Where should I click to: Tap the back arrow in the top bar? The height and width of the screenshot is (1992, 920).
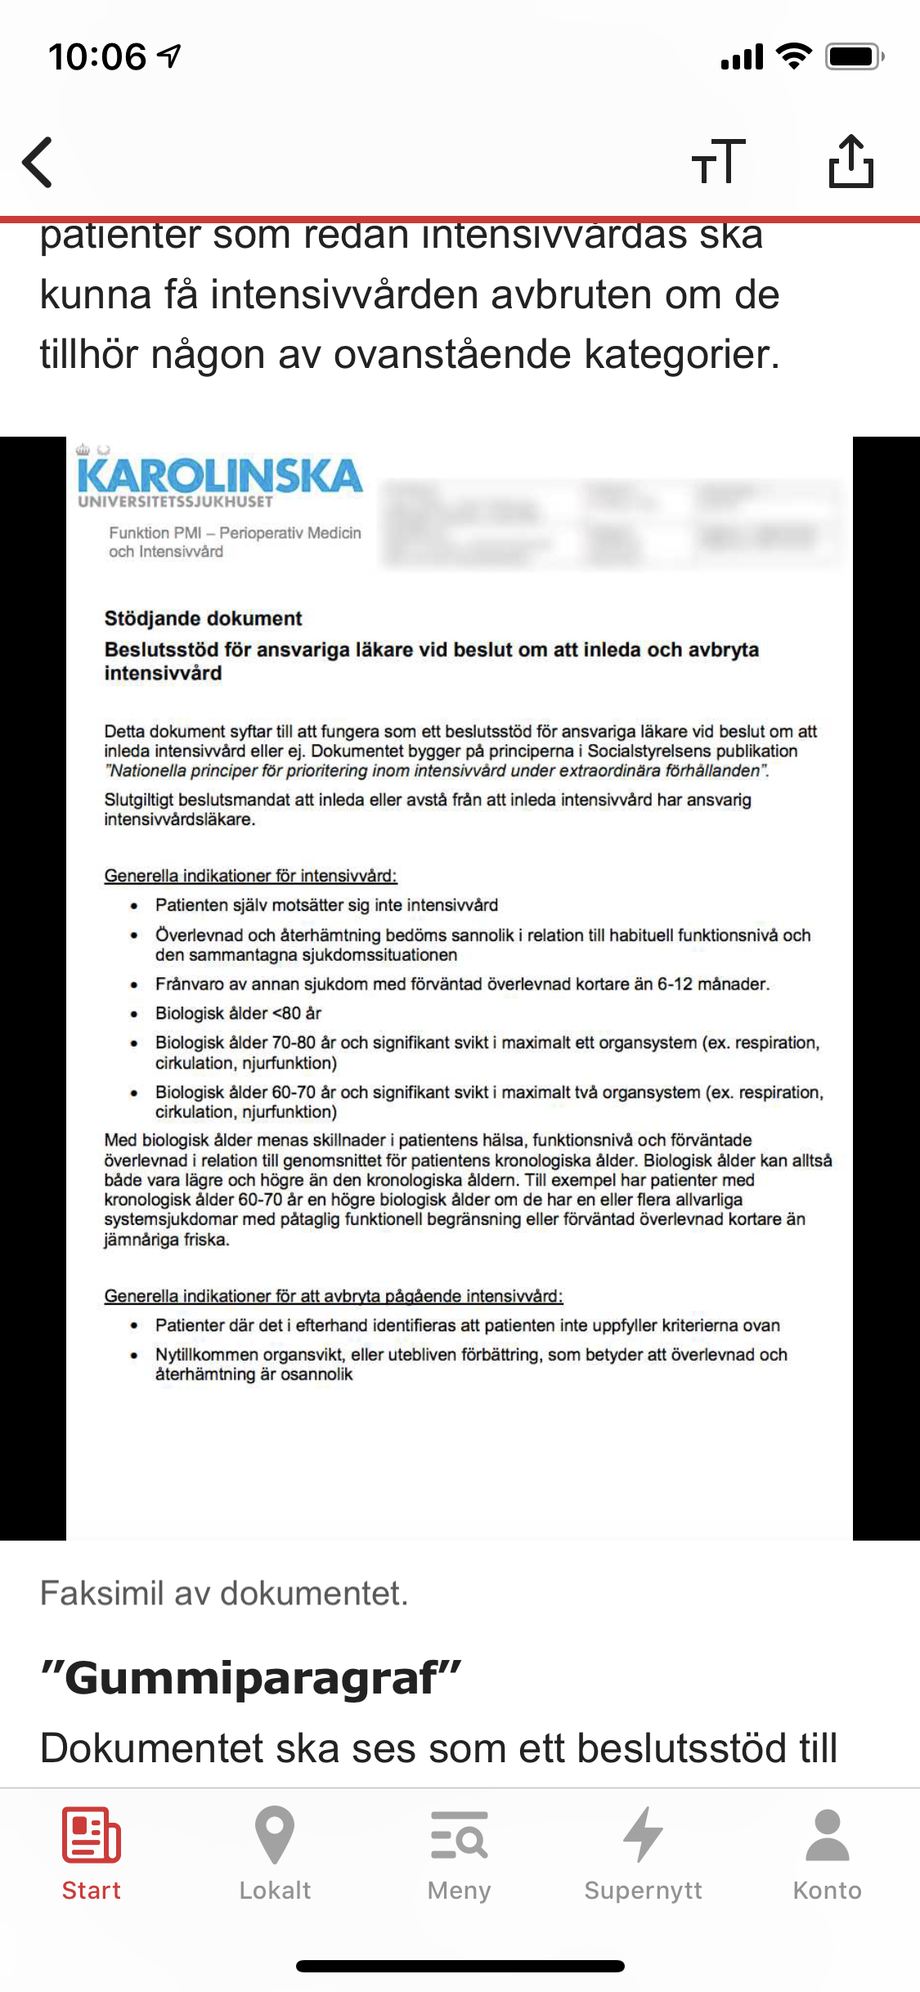(x=38, y=162)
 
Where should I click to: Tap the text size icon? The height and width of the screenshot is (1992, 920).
(x=718, y=161)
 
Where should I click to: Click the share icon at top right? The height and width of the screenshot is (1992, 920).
(x=850, y=161)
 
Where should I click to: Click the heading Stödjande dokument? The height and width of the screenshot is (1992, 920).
(x=203, y=618)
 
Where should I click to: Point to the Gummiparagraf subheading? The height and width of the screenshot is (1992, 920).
(x=251, y=1678)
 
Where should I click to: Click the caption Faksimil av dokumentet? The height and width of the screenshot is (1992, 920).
(x=224, y=1593)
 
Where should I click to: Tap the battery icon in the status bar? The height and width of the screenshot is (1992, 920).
(x=854, y=56)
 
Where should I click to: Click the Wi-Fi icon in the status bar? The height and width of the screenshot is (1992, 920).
(x=793, y=56)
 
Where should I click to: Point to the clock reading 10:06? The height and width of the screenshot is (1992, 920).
(x=97, y=56)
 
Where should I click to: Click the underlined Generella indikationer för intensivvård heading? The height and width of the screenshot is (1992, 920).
(x=250, y=876)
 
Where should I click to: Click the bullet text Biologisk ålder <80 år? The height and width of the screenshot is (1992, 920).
(x=238, y=1013)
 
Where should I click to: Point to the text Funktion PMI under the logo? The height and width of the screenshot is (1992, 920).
(x=155, y=533)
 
